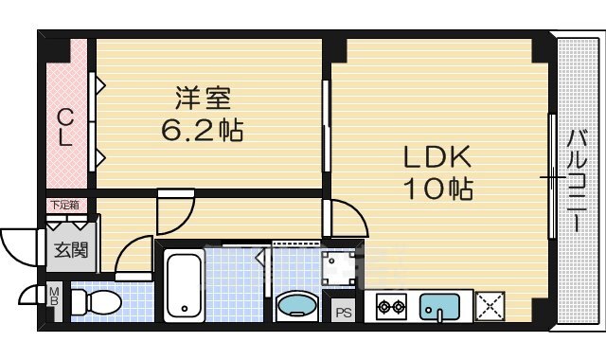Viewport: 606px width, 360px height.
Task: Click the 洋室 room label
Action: (201, 98)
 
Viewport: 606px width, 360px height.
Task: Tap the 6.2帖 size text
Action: (200, 129)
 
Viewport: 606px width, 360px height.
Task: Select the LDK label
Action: (438, 157)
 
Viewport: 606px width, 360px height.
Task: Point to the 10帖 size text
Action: (438, 189)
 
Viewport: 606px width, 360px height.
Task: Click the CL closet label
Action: (64, 128)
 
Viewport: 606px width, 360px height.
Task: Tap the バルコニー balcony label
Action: (575, 180)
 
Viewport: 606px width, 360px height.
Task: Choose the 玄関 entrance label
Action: (68, 251)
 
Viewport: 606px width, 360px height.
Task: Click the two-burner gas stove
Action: (392, 306)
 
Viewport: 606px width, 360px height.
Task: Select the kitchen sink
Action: (439, 306)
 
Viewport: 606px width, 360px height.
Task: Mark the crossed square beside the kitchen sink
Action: (490, 306)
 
